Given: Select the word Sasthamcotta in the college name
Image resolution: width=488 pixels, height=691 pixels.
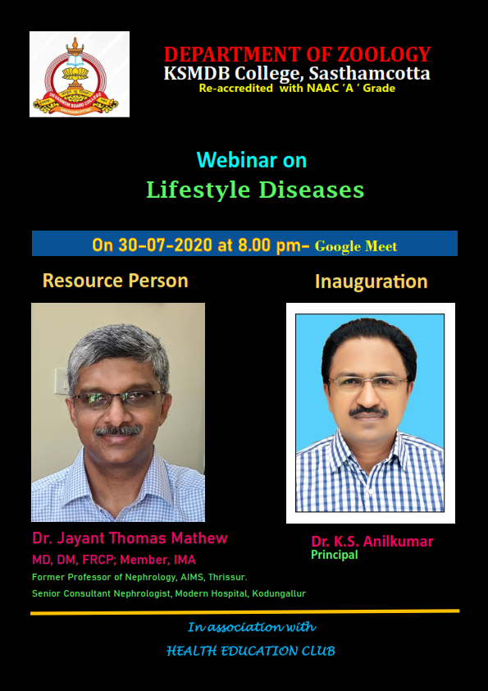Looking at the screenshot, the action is tap(370, 73).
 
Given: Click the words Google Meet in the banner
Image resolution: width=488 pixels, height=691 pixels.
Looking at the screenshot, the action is tap(356, 246).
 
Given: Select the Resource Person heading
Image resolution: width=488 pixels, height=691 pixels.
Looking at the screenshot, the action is tap(116, 281).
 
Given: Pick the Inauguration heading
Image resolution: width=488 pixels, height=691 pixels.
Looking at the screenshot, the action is tap(372, 281).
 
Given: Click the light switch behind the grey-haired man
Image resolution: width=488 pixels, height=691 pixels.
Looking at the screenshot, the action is tap(61, 381).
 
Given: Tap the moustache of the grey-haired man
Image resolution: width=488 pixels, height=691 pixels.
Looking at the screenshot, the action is tap(118, 430).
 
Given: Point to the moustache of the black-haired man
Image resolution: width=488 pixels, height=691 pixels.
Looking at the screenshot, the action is tap(368, 412).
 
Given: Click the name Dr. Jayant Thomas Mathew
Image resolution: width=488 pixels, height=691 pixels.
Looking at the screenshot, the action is tap(130, 538).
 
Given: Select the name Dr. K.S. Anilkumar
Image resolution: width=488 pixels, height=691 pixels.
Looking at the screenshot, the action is tap(372, 542).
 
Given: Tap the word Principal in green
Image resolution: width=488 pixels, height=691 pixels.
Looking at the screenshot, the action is tap(335, 556).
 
